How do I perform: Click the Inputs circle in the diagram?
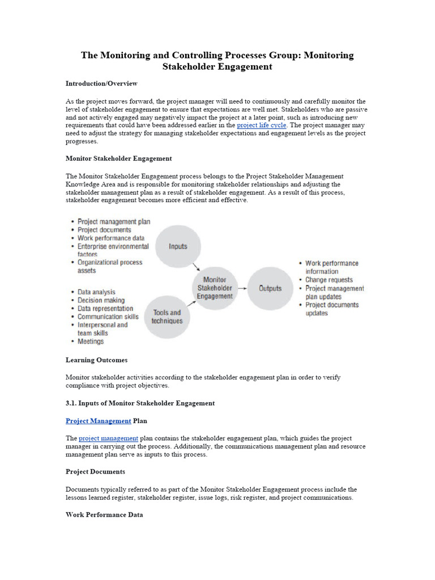[178, 246]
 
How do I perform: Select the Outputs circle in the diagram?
[270, 288]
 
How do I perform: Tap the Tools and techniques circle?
[167, 317]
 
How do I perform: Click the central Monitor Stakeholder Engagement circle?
[215, 288]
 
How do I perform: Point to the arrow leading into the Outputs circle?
[242, 288]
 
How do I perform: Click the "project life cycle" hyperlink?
[262, 125]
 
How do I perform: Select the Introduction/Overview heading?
[101, 83]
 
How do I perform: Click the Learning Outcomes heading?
[96, 360]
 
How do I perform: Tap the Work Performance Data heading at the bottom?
[104, 515]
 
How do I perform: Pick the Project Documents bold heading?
[95, 471]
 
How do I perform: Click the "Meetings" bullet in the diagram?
[91, 342]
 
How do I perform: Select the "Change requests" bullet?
[329, 280]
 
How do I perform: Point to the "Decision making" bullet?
[101, 300]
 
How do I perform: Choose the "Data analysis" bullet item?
[96, 292]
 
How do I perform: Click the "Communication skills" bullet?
[108, 317]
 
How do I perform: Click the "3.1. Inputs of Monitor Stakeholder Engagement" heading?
[140, 403]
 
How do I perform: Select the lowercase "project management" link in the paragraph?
[108, 438]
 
